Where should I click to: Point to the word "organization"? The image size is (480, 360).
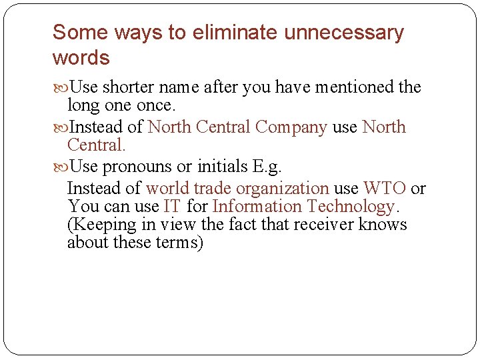[283, 189]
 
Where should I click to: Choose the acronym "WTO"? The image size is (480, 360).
[384, 189]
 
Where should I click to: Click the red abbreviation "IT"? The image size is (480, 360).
[171, 207]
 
